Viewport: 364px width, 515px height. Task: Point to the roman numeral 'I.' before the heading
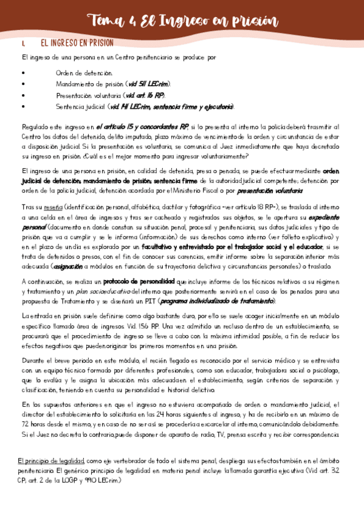click(x=22, y=44)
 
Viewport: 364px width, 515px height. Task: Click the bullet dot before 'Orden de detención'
click(x=22, y=73)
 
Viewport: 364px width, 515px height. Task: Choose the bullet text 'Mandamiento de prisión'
click(x=88, y=84)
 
